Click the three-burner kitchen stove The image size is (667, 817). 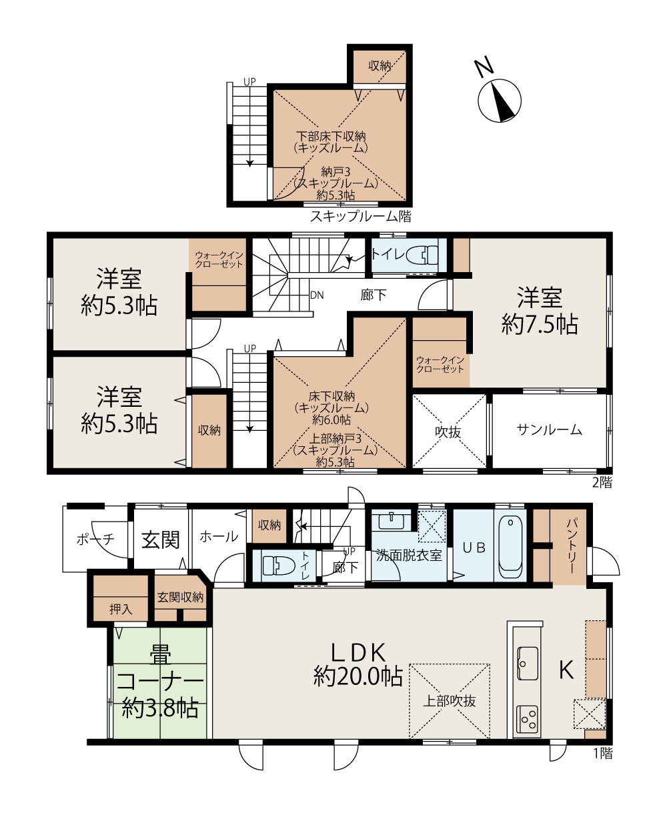tap(527, 720)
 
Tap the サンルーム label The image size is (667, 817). tap(549, 430)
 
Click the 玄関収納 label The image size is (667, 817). tap(180, 598)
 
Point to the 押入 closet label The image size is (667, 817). tap(121, 610)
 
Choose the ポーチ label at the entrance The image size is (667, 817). tap(95, 539)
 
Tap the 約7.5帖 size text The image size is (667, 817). tap(540, 324)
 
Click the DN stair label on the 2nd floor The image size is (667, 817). tap(317, 295)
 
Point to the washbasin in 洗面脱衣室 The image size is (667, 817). tap(392, 521)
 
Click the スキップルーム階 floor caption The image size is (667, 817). tap(361, 216)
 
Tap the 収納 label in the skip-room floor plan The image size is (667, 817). tap(380, 66)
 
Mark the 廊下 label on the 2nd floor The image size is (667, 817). tap(374, 295)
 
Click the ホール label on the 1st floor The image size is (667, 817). tap(219, 536)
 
